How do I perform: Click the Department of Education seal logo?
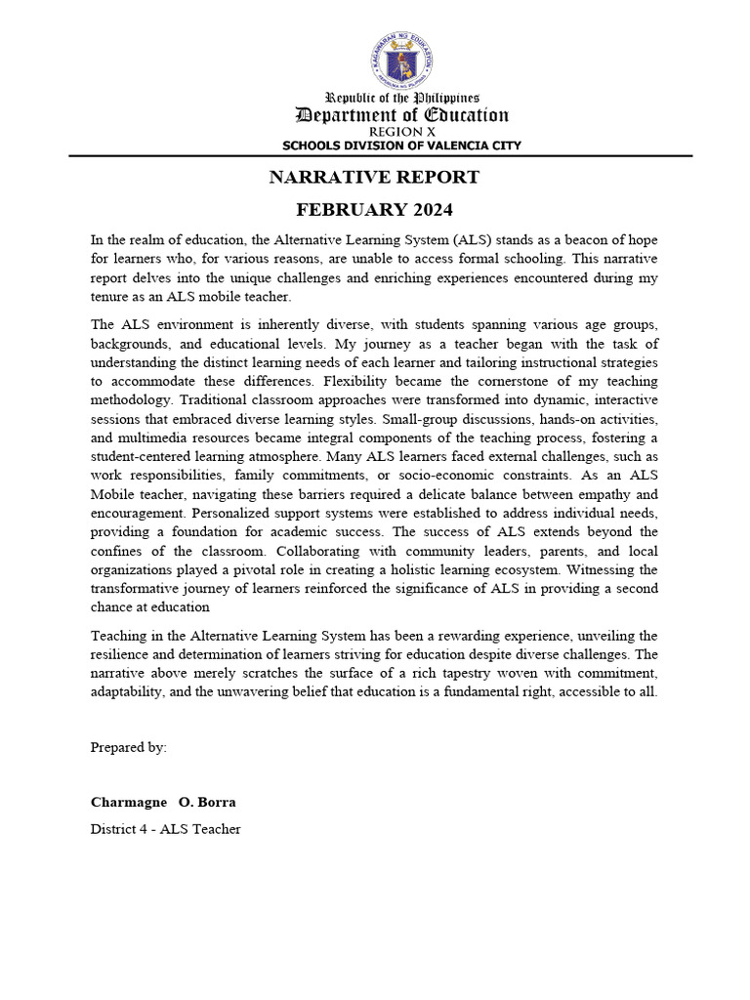[x=401, y=60]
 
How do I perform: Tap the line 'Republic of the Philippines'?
[x=401, y=98]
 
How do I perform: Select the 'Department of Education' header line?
[x=401, y=115]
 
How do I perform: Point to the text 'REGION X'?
[x=401, y=132]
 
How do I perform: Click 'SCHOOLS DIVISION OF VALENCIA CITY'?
[x=401, y=146]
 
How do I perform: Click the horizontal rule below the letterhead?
[x=380, y=156]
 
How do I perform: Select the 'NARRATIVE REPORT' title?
[x=374, y=177]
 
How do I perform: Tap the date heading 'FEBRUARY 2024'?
[x=374, y=210]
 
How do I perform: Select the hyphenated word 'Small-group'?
[x=423, y=419]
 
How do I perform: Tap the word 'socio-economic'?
[x=437, y=476]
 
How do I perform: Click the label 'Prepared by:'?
[x=129, y=747]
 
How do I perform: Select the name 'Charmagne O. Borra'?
[x=163, y=802]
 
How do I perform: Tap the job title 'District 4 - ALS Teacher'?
[x=165, y=829]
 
